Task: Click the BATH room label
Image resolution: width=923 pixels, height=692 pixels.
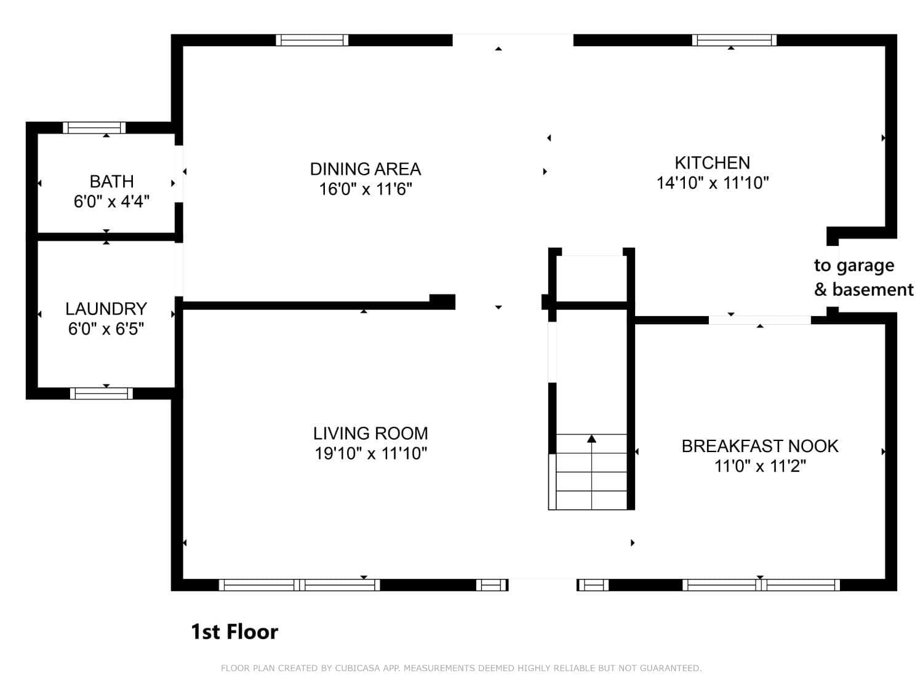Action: [111, 181]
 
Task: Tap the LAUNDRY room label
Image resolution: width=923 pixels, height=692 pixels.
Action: [106, 309]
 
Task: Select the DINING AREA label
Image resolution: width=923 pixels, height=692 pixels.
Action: [365, 169]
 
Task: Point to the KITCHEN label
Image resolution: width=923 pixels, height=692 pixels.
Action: [712, 162]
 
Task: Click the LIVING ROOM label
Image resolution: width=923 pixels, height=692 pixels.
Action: [370, 433]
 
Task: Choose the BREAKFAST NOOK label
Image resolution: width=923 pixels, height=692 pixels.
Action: [760, 446]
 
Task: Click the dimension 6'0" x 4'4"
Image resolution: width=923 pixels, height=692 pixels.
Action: [111, 202]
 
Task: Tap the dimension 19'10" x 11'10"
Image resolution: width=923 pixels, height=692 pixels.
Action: [371, 453]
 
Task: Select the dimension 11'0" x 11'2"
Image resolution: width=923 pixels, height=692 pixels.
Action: [761, 466]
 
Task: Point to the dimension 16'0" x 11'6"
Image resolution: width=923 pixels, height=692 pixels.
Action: [366, 189]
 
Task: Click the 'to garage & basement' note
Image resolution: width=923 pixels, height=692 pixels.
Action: [863, 278]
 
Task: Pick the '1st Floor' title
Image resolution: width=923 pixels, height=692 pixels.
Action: [234, 632]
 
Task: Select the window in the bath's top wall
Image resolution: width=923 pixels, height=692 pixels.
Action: [94, 127]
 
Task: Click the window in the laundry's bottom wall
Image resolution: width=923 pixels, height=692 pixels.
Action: [101, 394]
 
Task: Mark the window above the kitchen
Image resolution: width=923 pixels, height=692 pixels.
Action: [734, 40]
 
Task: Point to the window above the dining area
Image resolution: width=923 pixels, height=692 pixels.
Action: [312, 40]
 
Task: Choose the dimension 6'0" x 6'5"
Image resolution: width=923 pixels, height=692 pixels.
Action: [106, 329]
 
